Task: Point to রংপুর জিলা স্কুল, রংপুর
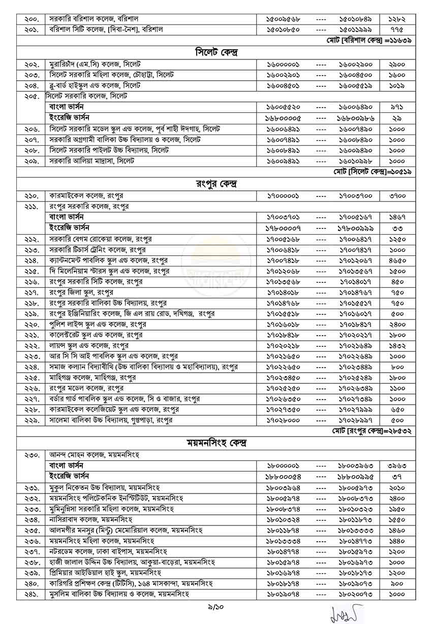tap(81, 292)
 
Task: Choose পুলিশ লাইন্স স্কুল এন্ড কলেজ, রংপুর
tap(98, 324)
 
